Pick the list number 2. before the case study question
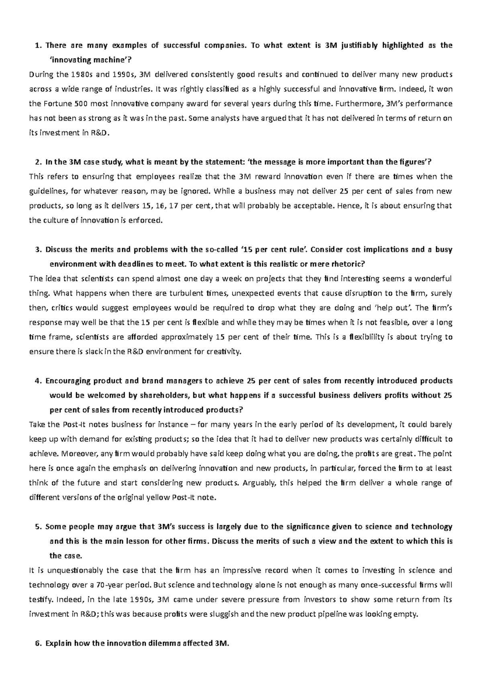38,162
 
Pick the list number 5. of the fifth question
38,527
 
